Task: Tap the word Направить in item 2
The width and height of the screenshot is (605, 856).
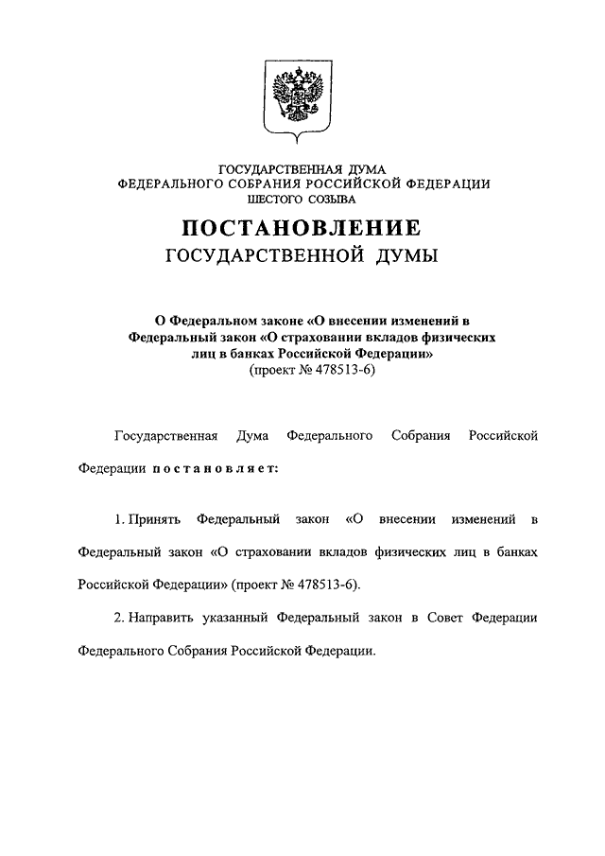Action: (x=164, y=618)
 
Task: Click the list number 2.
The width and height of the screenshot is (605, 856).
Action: (x=118, y=618)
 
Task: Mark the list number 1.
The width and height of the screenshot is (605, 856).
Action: (x=117, y=519)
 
